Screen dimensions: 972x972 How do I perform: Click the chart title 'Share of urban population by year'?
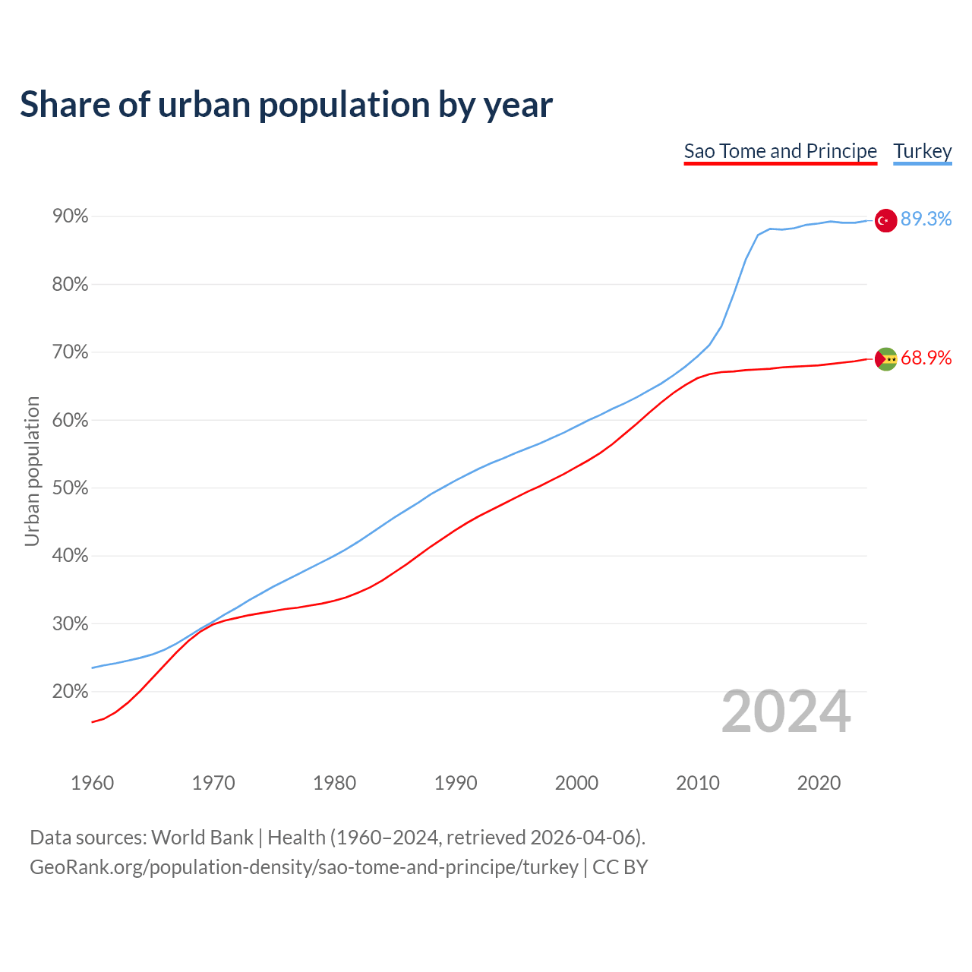(286, 105)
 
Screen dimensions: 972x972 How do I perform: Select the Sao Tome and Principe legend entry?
(780, 151)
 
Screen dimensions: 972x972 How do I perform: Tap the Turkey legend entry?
(922, 151)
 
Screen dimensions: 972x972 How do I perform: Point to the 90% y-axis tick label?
(70, 217)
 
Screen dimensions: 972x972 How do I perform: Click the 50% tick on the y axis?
(70, 488)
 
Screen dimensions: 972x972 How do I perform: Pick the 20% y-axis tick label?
(70, 692)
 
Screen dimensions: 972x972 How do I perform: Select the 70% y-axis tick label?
(70, 352)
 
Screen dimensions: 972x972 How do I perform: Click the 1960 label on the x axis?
(92, 783)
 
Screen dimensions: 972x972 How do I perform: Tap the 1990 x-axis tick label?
(456, 783)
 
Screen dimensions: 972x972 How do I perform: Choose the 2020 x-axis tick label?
(819, 783)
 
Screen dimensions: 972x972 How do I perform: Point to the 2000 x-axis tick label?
(576, 783)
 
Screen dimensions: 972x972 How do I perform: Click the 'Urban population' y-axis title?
(32, 471)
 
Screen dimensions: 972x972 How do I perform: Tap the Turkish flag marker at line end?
(885, 220)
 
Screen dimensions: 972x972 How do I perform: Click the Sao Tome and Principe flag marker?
(885, 358)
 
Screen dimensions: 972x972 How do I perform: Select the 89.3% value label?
(926, 219)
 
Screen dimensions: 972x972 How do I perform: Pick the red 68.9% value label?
(926, 358)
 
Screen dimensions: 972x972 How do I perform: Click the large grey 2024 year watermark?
(786, 712)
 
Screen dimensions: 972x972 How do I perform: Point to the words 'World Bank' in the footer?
(202, 838)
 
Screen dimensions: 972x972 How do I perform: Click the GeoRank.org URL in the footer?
(304, 867)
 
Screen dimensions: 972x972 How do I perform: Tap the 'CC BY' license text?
(620, 867)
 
